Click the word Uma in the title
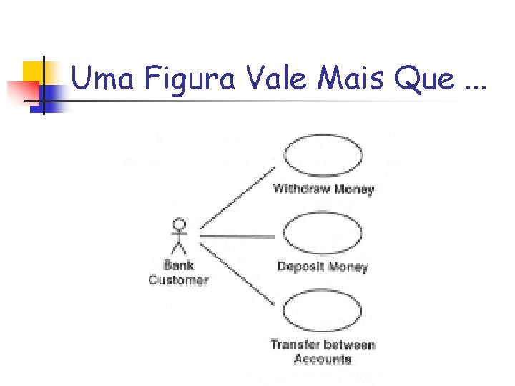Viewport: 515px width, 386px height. click(x=103, y=79)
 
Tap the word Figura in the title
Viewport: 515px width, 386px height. click(x=187, y=79)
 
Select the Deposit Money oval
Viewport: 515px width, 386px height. click(x=323, y=234)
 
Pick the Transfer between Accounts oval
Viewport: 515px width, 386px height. click(x=323, y=312)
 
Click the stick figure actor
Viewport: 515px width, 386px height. click(x=179, y=236)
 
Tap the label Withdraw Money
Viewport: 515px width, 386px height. click(x=323, y=190)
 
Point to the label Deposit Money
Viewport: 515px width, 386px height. click(x=323, y=267)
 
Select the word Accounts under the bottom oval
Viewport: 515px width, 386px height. click(x=323, y=359)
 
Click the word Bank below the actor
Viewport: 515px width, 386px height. click(x=179, y=266)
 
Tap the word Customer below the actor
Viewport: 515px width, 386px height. click(x=179, y=280)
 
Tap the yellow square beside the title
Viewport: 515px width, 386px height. click(x=34, y=71)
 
